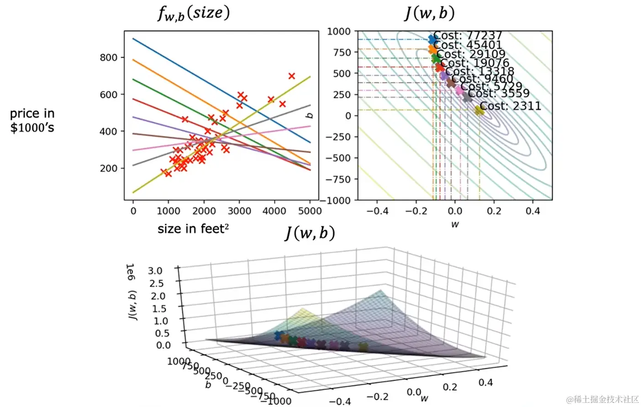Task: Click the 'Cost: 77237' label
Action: (x=468, y=36)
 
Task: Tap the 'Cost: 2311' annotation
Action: (x=510, y=106)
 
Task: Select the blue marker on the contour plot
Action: (x=432, y=40)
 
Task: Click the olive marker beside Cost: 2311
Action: (x=479, y=110)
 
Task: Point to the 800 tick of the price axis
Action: (x=109, y=57)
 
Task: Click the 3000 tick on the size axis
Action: (x=239, y=211)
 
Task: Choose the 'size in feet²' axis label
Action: (x=193, y=229)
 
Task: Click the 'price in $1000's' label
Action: (x=32, y=120)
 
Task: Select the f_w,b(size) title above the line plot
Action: (x=194, y=13)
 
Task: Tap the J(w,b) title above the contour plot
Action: (x=429, y=13)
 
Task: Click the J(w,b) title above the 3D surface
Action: (x=310, y=233)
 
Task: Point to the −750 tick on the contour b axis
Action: (x=338, y=179)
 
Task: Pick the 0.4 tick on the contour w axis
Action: (x=532, y=211)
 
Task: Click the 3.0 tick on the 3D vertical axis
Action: (x=155, y=271)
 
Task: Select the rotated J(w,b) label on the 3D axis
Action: (x=132, y=305)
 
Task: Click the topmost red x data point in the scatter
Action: (x=291, y=76)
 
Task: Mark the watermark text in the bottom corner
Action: (x=602, y=399)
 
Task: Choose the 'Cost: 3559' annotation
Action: (x=499, y=94)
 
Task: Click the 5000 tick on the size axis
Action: (x=310, y=211)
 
